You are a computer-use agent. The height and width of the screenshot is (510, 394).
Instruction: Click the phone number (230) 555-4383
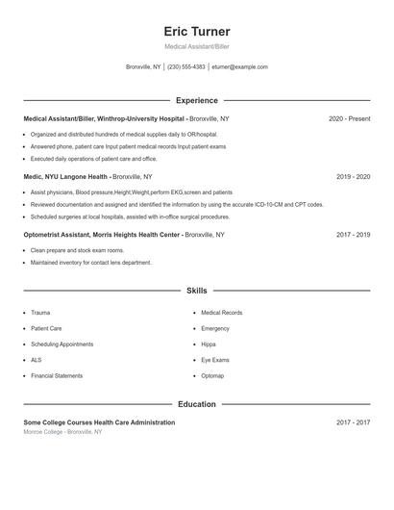pos(186,67)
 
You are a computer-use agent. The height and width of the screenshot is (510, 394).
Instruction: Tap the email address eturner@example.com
pos(240,67)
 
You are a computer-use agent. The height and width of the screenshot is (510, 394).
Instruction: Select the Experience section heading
pos(196,100)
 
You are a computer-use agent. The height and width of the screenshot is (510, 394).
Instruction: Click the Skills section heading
pos(196,290)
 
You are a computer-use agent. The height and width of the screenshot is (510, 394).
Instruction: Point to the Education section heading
pos(196,404)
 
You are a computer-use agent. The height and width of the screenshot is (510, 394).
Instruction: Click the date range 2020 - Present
pos(349,119)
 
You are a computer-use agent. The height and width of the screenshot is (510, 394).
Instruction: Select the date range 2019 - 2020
pos(353,177)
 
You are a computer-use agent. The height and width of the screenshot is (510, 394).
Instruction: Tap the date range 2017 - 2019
pos(353,235)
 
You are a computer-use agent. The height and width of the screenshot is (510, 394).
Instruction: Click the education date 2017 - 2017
pos(353,423)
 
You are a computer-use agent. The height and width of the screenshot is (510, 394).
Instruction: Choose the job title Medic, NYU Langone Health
pos(66,177)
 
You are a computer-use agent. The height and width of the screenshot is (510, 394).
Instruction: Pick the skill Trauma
pos(40,313)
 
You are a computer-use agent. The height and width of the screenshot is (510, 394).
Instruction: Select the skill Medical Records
pos(221,313)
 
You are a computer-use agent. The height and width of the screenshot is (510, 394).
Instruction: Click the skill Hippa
pos(209,344)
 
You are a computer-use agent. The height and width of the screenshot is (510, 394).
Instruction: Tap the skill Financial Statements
pos(57,375)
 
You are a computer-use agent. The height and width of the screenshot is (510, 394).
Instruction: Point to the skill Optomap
pos(212,375)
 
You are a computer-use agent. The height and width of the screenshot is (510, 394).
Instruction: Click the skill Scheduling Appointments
pos(62,344)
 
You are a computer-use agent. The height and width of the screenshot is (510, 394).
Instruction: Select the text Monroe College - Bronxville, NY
pos(62,433)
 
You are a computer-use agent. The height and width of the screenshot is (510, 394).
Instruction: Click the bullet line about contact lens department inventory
pos(91,263)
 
